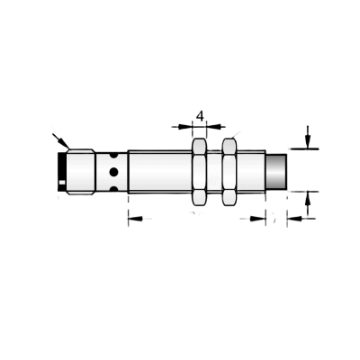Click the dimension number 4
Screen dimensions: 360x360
pyautogui.click(x=200, y=116)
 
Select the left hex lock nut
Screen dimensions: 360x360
pyautogui.click(x=199, y=172)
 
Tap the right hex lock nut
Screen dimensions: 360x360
pyautogui.click(x=229, y=172)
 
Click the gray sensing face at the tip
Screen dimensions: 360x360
pyautogui.click(x=276, y=172)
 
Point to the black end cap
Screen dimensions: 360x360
pyautogui.click(x=62, y=172)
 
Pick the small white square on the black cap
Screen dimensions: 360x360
pyautogui.click(x=62, y=183)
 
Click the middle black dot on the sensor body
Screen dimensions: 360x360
pyautogui.click(x=113, y=172)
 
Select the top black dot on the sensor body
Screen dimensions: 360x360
pyautogui.click(x=113, y=155)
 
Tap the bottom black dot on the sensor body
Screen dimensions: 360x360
pyautogui.click(x=113, y=189)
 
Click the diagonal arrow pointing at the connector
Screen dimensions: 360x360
pyautogui.click(x=61, y=141)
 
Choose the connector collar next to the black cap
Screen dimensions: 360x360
pyautogui.click(x=81, y=172)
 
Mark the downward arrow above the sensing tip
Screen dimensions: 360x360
pyautogui.click(x=307, y=137)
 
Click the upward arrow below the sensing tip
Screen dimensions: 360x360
pyautogui.click(x=307, y=204)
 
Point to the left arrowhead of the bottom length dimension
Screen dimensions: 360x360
pyautogui.click(x=135, y=219)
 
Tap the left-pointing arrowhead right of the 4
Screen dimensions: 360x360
pyautogui.click(x=216, y=127)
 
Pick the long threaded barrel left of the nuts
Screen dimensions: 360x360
pyautogui.click(x=160, y=172)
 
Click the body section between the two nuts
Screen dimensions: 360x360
pyautogui.click(x=214, y=172)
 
